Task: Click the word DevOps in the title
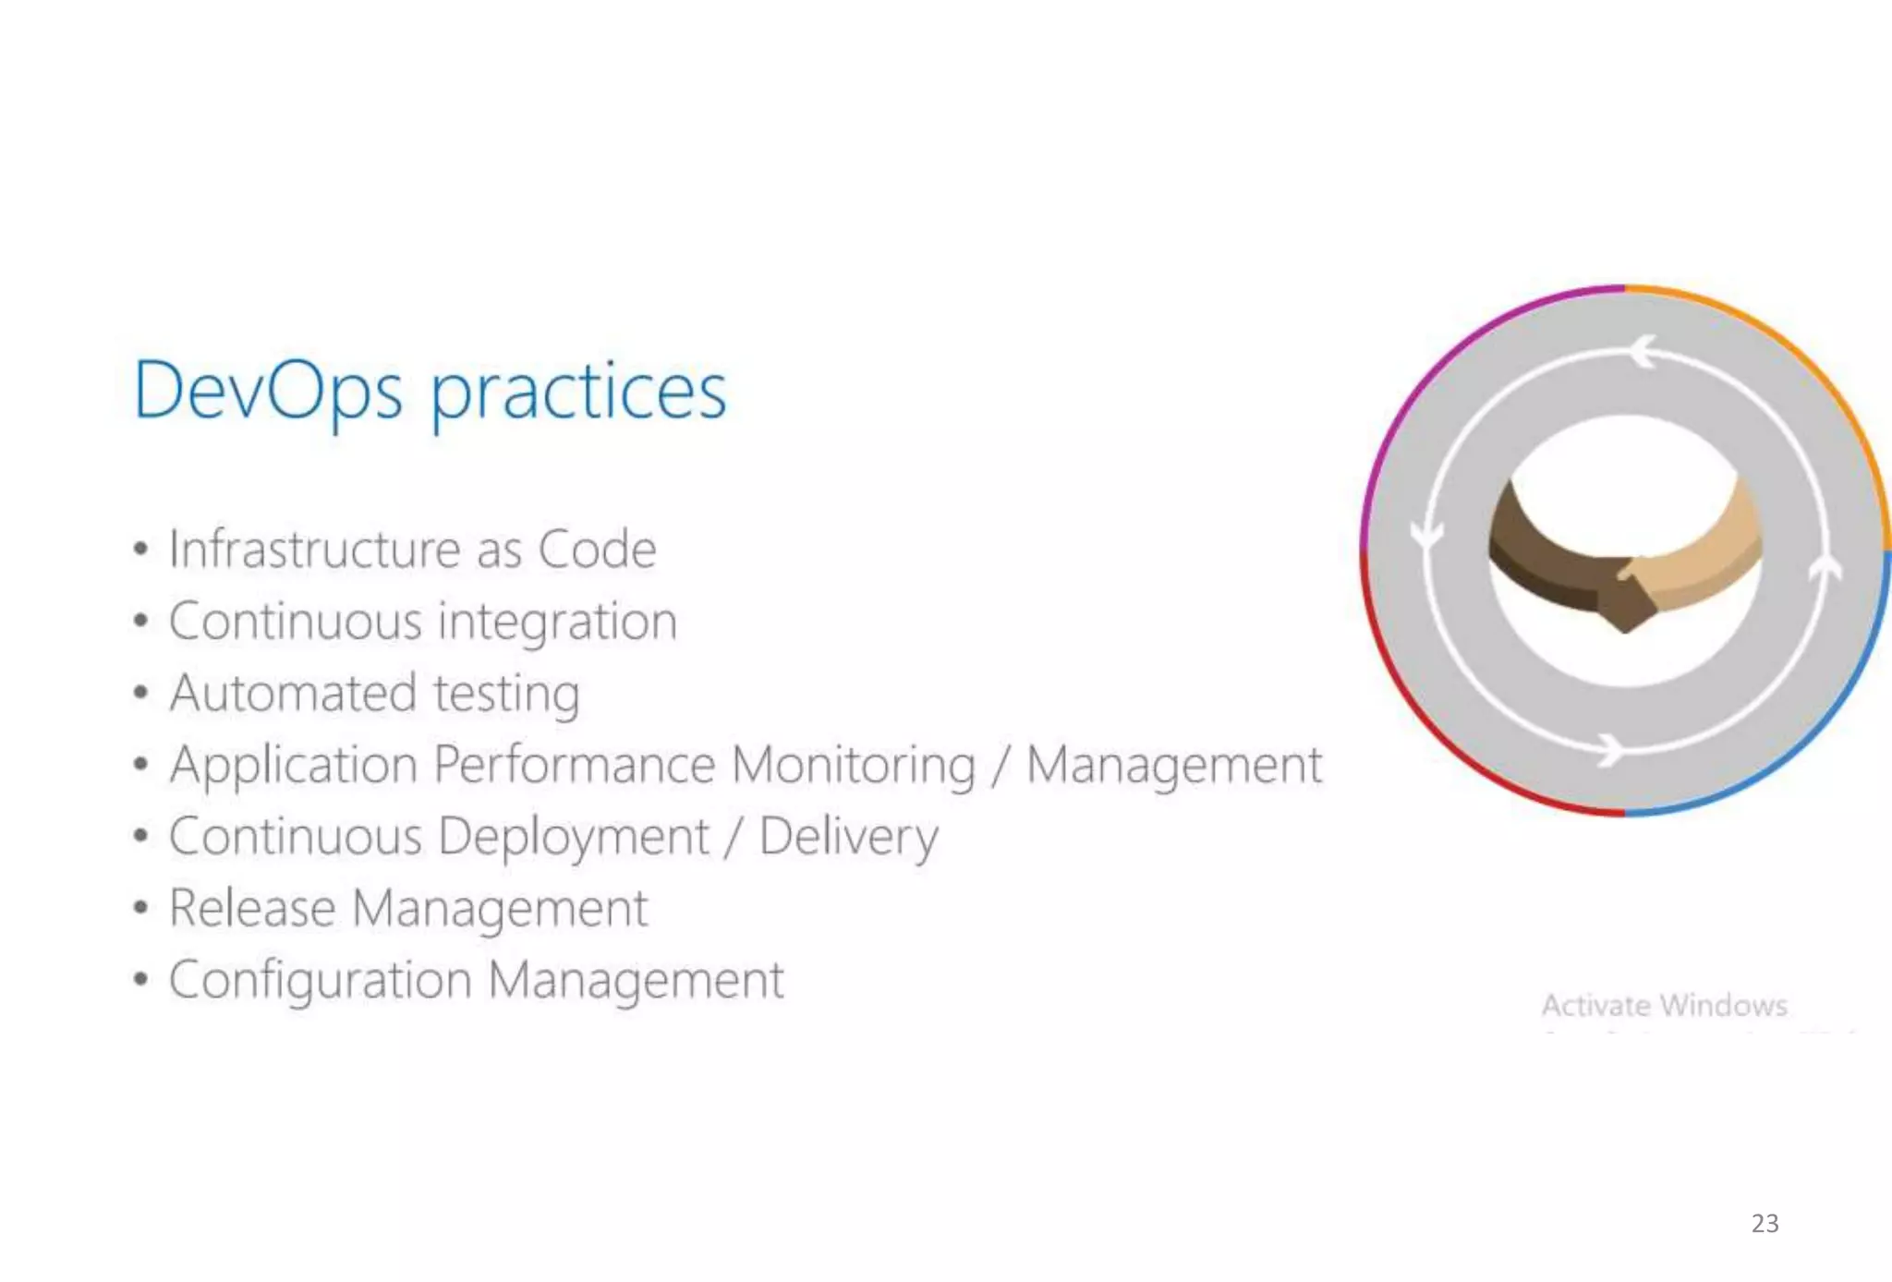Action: point(268,392)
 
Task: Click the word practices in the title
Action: point(579,393)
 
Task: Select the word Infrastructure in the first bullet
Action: point(314,549)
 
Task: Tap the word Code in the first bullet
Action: point(597,549)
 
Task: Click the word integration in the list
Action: point(558,622)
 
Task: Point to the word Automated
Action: point(293,693)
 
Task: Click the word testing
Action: point(506,695)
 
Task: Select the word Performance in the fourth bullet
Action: point(574,765)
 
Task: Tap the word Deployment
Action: point(574,838)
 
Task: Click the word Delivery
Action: point(848,838)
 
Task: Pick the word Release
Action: point(251,908)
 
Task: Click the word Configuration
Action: point(320,980)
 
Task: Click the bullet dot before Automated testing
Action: point(140,693)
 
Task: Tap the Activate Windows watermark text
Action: point(1664,1005)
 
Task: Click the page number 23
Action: point(1765,1223)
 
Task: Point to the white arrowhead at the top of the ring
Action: point(1643,352)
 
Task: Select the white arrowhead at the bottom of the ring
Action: point(1610,749)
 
